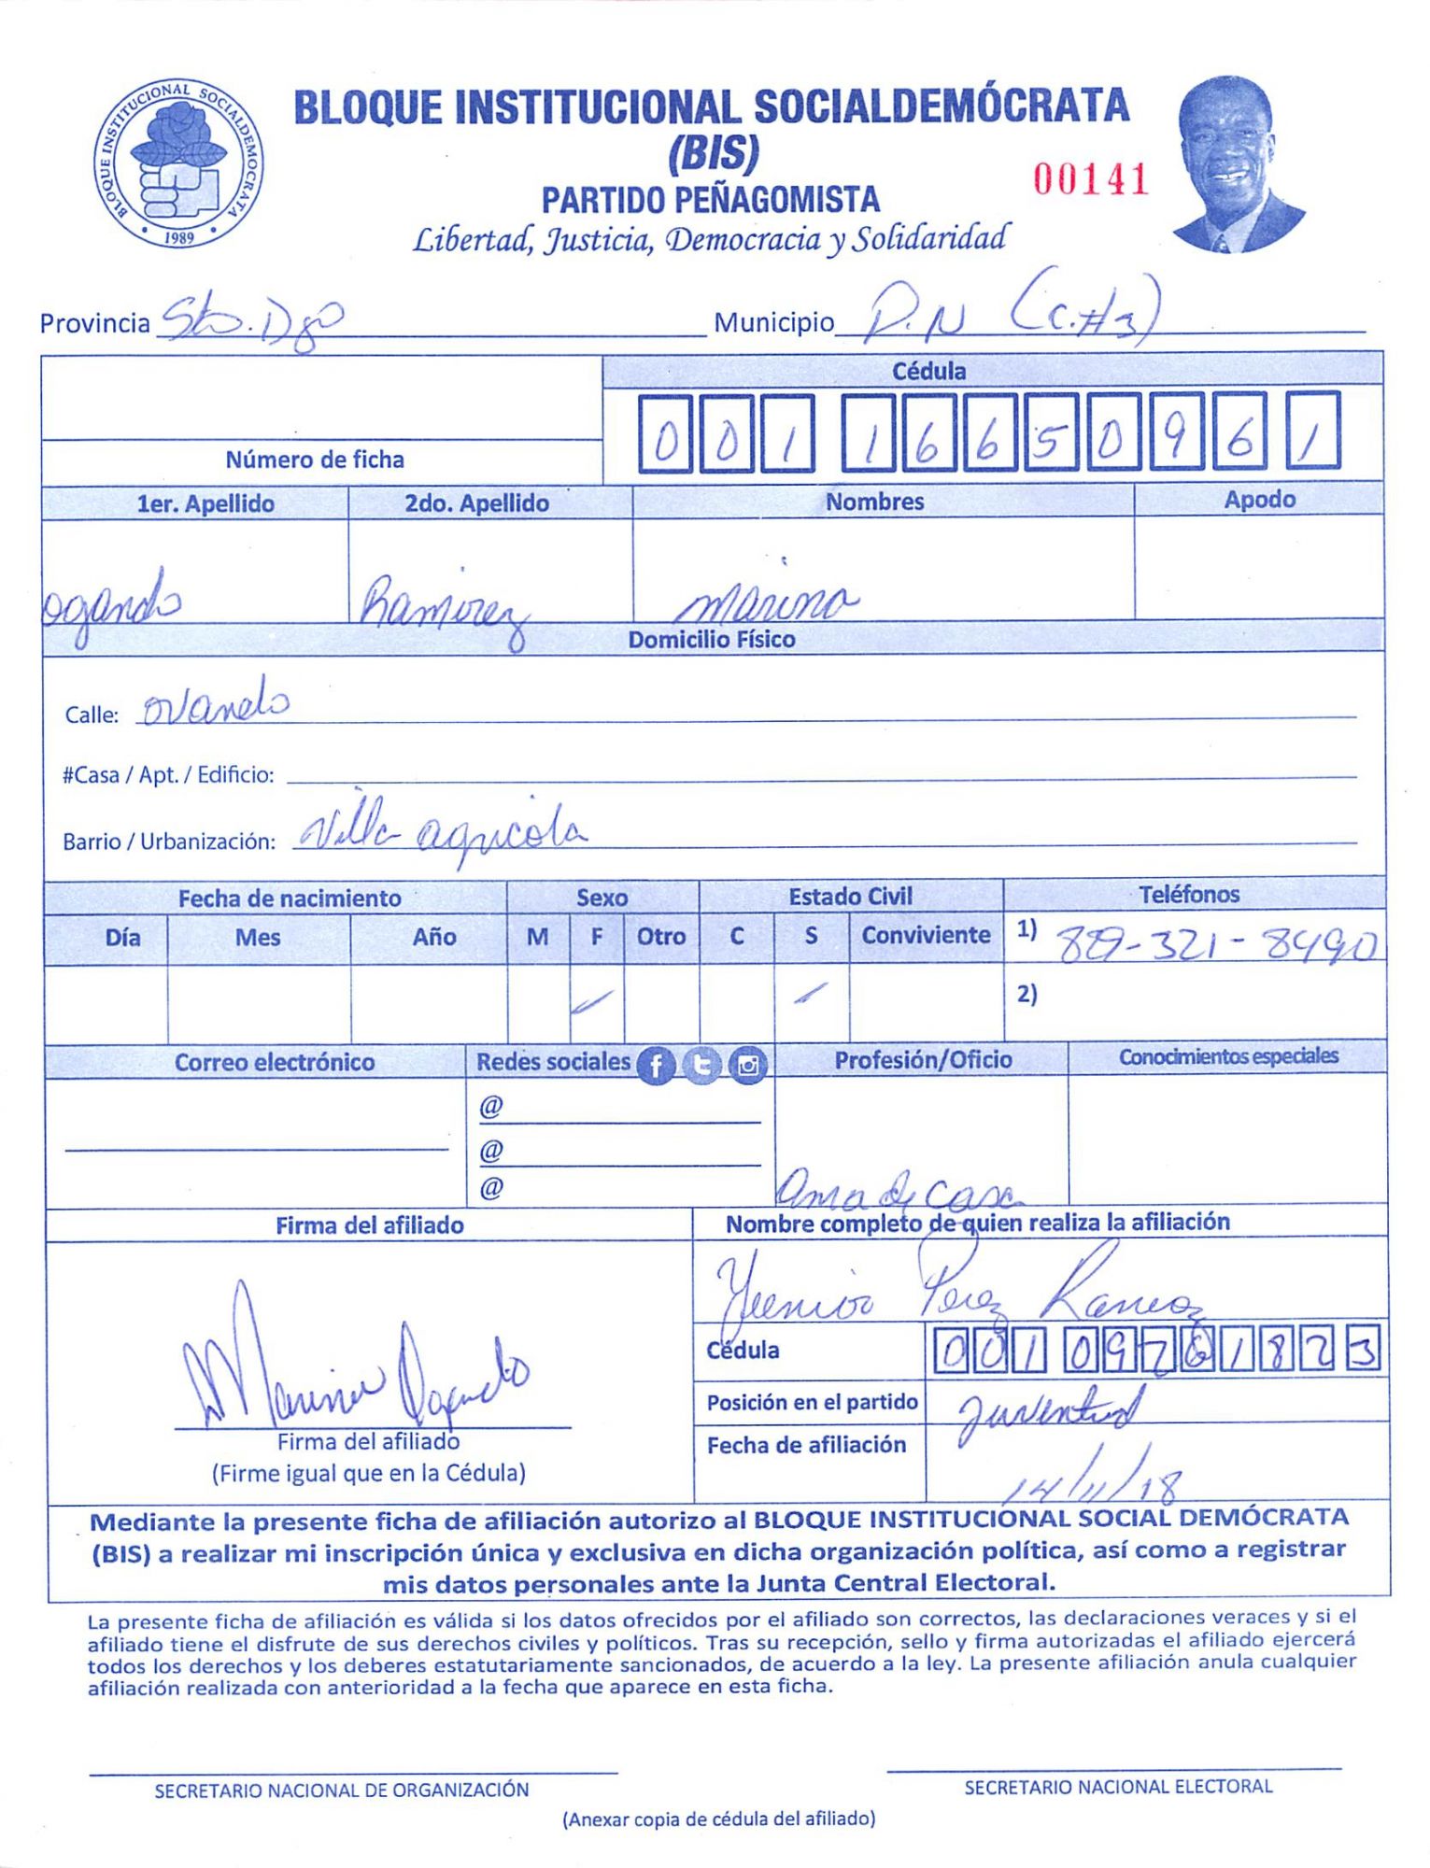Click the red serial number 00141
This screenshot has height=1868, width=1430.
[1090, 178]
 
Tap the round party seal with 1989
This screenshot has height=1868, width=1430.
[177, 163]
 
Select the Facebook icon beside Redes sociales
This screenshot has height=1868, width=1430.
[656, 1065]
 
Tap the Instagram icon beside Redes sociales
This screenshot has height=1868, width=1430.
[747, 1065]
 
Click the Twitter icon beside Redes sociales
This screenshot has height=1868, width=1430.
[701, 1065]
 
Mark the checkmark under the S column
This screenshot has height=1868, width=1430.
[810, 994]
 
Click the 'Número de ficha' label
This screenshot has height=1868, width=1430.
[315, 460]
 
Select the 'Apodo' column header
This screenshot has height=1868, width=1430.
[1259, 500]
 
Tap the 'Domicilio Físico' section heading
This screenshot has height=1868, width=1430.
[712, 640]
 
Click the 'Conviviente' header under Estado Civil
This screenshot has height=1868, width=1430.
[926, 935]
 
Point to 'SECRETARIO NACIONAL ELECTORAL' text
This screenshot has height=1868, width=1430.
[1118, 1787]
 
